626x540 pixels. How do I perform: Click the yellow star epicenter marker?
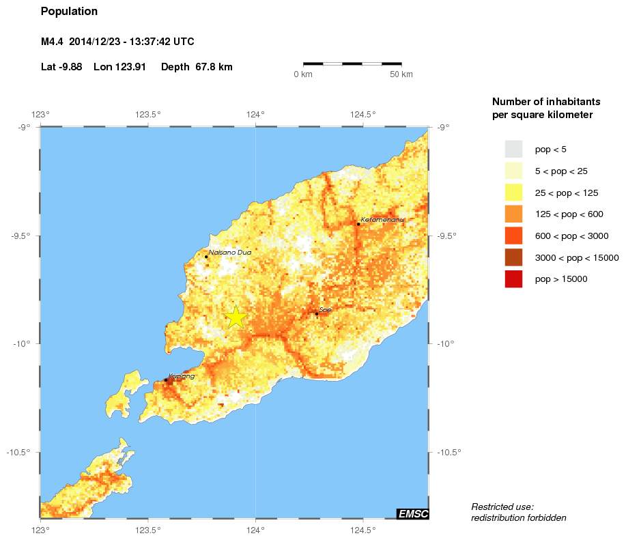pos(236,317)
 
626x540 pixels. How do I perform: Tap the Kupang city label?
pos(182,376)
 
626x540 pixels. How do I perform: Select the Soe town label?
pos(325,310)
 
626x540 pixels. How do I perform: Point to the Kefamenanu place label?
pos(382,220)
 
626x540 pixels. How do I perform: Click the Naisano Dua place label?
pos(230,253)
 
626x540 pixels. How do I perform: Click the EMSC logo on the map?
pos(412,514)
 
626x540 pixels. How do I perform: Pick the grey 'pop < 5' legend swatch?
pos(513,149)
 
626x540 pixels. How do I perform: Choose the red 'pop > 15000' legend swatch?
pos(513,279)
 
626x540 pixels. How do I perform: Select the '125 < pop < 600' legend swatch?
pos(513,214)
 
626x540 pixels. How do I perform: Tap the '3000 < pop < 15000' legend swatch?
pos(513,257)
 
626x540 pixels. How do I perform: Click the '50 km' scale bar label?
pos(401,74)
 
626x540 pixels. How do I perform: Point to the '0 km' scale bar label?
pos(302,74)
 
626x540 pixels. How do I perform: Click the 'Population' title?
pos(69,12)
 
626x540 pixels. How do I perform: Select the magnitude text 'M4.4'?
pos(52,42)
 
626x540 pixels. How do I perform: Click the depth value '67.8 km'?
pos(214,67)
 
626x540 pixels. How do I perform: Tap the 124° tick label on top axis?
pos(255,114)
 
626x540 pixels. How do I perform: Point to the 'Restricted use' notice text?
pos(502,507)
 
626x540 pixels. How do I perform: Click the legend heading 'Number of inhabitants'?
pos(542,101)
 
